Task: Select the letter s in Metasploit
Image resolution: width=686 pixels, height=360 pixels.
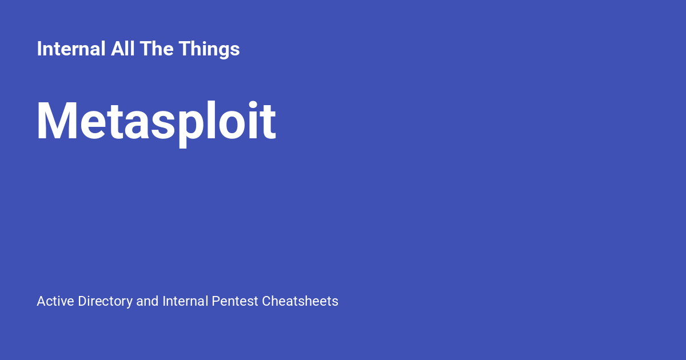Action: pyautogui.click(x=162, y=127)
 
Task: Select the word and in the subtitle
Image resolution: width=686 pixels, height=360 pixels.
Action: pyautogui.click(x=147, y=301)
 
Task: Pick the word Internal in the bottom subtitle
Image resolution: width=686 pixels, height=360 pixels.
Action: pyautogui.click(x=185, y=301)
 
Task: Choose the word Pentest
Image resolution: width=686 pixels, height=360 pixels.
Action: pyautogui.click(x=235, y=301)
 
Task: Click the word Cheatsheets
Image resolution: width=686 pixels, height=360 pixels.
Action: pyautogui.click(x=300, y=301)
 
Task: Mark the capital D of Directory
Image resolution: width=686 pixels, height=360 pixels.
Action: pyautogui.click(x=82, y=301)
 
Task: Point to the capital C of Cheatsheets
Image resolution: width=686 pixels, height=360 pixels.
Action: pyautogui.click(x=266, y=301)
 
